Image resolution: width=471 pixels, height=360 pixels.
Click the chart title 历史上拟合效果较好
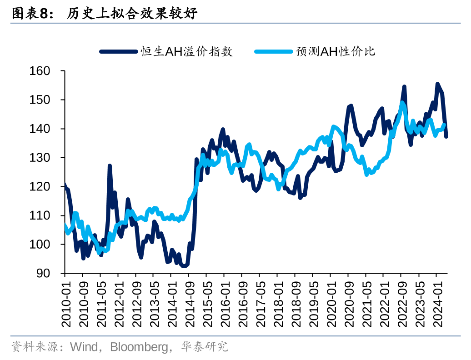coord(132,14)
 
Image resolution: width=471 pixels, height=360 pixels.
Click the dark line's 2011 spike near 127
coord(110,166)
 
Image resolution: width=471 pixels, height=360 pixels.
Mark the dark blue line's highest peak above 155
coord(437,84)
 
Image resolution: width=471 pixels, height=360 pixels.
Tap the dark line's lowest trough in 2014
coord(184,266)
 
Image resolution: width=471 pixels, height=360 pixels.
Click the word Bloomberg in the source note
coord(139,347)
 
